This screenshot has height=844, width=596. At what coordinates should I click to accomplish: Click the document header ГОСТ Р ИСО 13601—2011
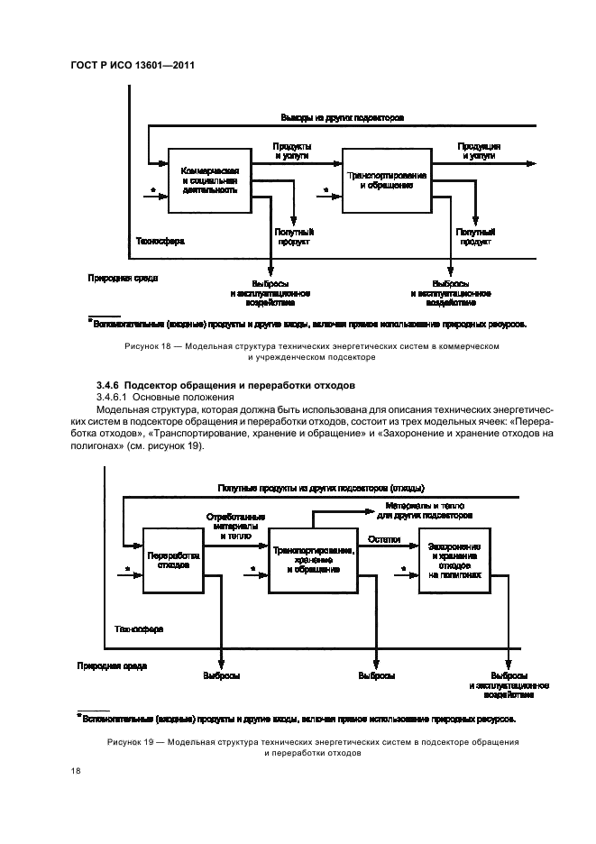[133, 66]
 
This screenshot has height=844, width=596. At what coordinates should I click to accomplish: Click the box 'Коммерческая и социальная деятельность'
[209, 179]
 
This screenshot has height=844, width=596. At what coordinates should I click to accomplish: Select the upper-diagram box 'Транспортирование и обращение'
[387, 179]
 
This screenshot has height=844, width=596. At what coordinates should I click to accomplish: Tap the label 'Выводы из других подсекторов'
[342, 118]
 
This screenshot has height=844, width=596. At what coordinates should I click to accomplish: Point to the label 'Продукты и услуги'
[293, 151]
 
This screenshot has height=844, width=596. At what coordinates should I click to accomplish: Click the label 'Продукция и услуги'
[479, 151]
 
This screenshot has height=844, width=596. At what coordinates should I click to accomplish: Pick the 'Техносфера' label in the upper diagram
[160, 242]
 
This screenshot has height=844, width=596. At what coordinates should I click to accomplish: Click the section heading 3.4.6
[225, 385]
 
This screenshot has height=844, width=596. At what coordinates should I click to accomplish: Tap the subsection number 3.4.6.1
[114, 397]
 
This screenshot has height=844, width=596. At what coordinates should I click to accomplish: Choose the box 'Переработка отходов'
[173, 559]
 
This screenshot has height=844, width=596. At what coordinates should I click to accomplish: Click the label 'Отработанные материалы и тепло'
[237, 526]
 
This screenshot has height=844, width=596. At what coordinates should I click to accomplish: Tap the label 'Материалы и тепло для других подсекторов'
[424, 511]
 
